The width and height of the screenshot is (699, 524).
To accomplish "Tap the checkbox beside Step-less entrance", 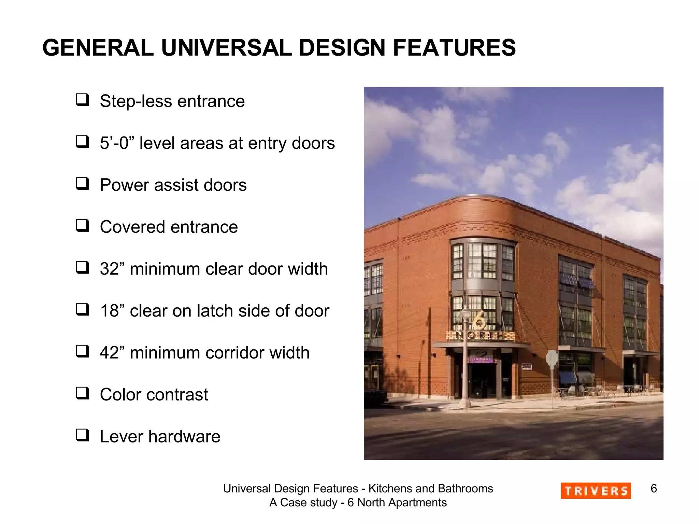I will [82, 100].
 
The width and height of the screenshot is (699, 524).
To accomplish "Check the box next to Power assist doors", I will [82, 184].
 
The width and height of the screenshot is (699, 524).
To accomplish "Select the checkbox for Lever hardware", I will [82, 435].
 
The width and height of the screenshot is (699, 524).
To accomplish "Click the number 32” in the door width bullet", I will [113, 269].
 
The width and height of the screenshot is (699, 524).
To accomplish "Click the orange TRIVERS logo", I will [596, 491].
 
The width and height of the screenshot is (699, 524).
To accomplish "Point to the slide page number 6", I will [654, 489].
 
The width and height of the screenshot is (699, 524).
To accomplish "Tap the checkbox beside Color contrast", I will [82, 393].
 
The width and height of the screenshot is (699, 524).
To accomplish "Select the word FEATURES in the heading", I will [454, 48].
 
